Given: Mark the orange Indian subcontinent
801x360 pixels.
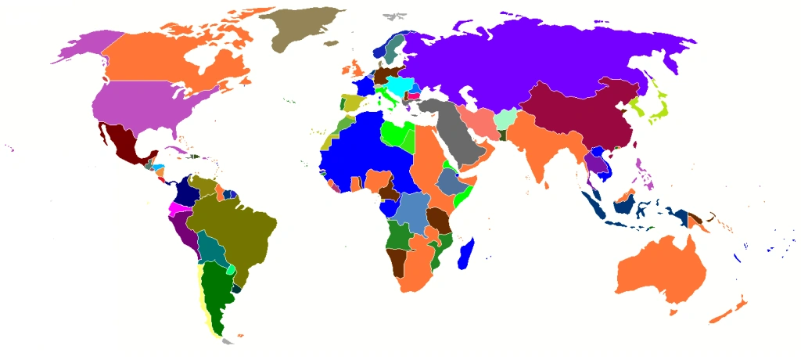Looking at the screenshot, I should click(540, 149).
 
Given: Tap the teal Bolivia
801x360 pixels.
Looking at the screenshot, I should click(211, 247).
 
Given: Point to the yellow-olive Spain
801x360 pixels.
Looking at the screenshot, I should click(351, 103).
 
